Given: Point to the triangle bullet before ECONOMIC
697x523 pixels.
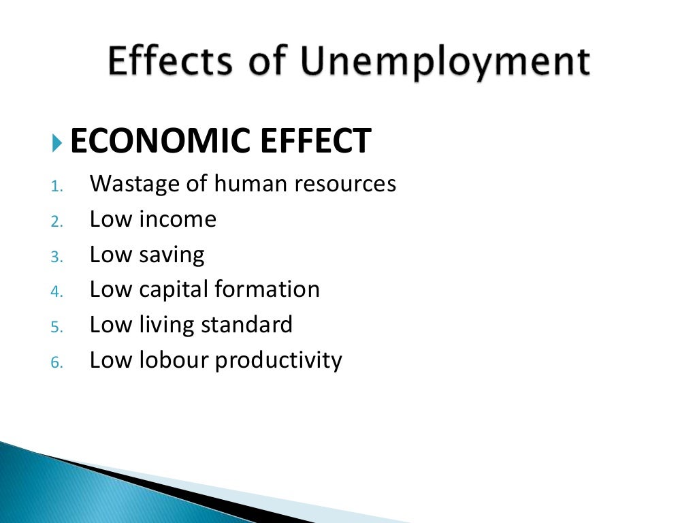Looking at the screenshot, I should (56, 142).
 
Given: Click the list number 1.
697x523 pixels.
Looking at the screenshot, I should (56, 186).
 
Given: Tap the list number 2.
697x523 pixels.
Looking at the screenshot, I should (56, 221).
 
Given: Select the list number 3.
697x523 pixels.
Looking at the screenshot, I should (56, 257).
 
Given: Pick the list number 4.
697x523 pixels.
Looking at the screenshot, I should (56, 292).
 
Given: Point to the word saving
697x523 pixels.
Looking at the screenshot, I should (172, 255).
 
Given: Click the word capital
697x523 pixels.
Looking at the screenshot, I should (174, 290).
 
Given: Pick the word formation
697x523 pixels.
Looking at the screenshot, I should (268, 289).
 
